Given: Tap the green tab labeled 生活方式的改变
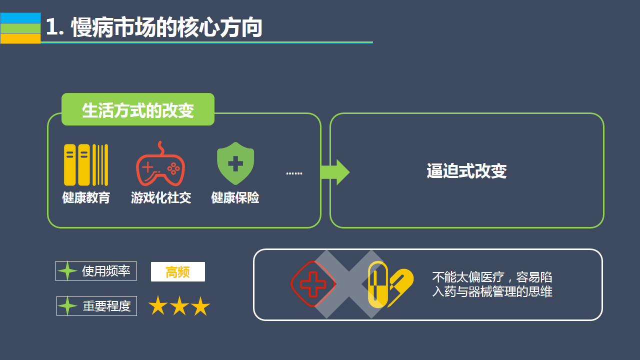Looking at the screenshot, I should click(x=138, y=110).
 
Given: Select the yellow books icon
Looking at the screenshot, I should click(x=86, y=165).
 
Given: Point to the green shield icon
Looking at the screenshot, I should click(x=235, y=163).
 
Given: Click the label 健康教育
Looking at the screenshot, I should click(x=86, y=197).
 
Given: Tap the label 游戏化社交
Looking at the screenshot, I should click(x=161, y=197).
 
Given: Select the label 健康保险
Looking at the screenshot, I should click(x=235, y=197).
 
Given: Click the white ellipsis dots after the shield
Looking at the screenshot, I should click(x=294, y=173).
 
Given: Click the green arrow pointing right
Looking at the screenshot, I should click(x=335, y=172).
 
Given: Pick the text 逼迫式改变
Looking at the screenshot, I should click(x=466, y=171).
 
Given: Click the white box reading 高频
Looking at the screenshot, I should click(x=177, y=272).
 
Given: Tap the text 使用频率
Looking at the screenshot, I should click(x=106, y=271).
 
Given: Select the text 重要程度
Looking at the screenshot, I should click(x=106, y=306).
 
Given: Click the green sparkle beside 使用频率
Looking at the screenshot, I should click(x=67, y=271).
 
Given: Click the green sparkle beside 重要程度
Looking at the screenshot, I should click(x=67, y=306).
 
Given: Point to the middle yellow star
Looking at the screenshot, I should click(x=179, y=306).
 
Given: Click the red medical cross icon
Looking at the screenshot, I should click(x=312, y=283).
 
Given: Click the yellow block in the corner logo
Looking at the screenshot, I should click(x=20, y=38).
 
